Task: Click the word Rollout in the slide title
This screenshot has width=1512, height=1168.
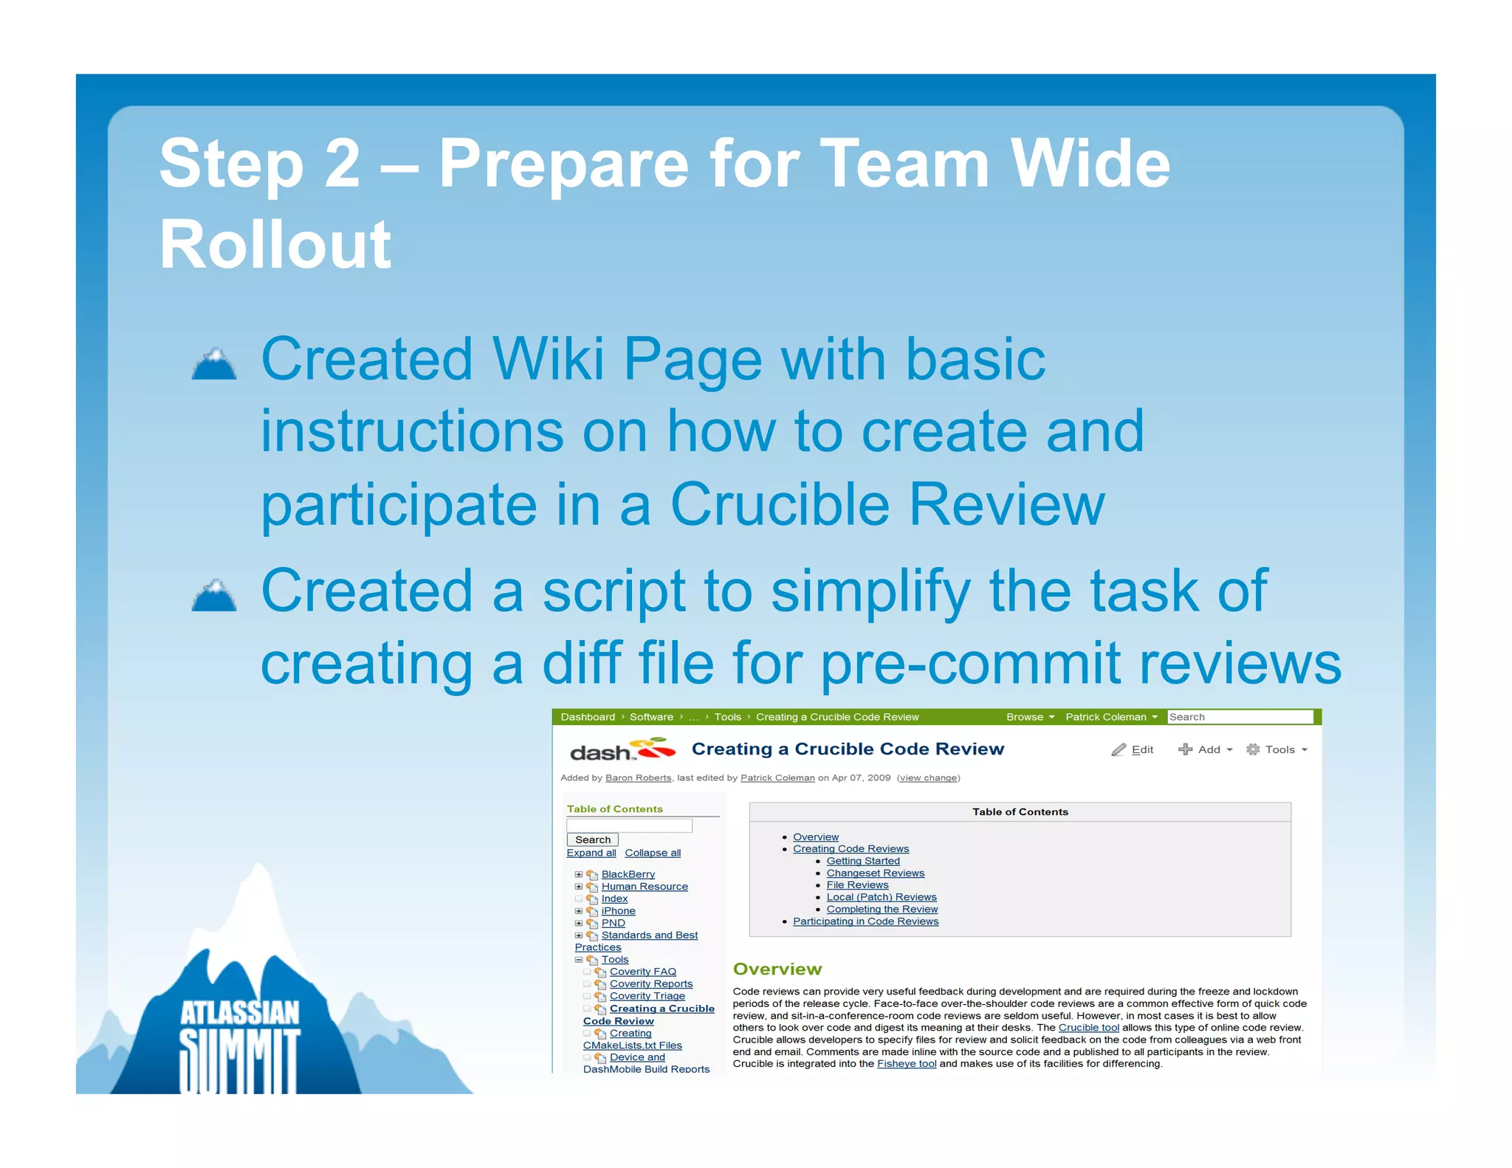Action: tap(275, 244)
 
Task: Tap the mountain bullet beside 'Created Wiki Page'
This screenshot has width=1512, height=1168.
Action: tap(214, 364)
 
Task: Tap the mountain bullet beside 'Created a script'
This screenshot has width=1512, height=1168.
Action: tap(214, 596)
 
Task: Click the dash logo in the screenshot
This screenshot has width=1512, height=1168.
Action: tap(622, 750)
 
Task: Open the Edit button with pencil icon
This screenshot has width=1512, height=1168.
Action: tap(1133, 749)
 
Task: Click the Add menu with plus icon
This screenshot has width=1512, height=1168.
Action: tap(1205, 749)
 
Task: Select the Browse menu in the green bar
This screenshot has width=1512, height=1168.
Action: tap(1029, 717)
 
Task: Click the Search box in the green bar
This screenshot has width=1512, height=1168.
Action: tap(1239, 717)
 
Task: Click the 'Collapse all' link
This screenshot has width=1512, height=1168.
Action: tap(653, 853)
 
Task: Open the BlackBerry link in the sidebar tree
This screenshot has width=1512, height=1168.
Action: tap(628, 874)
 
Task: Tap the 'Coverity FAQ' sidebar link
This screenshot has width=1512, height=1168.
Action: tap(642, 972)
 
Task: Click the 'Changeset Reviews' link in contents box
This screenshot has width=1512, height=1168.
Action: tap(875, 873)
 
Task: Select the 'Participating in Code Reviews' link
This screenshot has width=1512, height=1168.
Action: tap(865, 921)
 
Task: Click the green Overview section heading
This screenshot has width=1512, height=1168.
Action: tap(777, 969)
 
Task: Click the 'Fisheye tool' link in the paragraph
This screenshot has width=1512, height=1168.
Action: tap(906, 1064)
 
